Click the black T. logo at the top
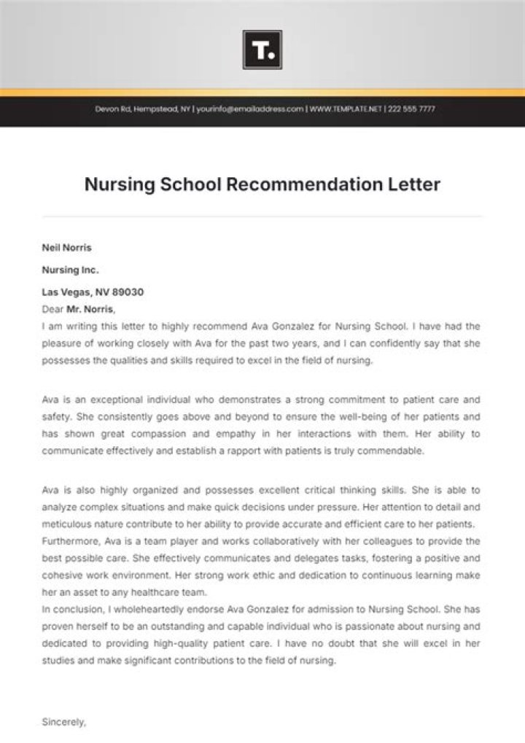point(262,50)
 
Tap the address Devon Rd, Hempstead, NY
point(143,109)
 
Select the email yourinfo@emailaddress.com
point(249,109)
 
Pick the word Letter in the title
point(414,184)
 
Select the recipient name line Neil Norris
point(66,248)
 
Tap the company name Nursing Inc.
point(70,270)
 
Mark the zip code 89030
point(129,292)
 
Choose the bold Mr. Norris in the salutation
point(88,309)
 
